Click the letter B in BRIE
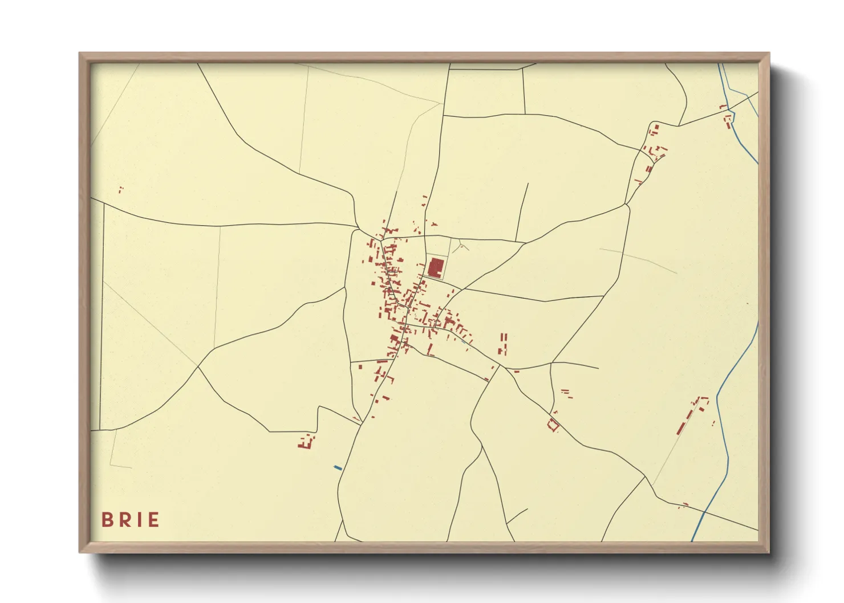107,520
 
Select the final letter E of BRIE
153,520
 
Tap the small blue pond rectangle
338,468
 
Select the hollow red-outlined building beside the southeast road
553,425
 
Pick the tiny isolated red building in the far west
120,189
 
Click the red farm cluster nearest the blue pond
306,442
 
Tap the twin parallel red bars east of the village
502,344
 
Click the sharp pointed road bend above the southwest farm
319,407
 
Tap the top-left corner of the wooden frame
80,53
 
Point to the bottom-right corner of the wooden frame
769,552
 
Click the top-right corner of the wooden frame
769,53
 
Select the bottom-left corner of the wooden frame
80,552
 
